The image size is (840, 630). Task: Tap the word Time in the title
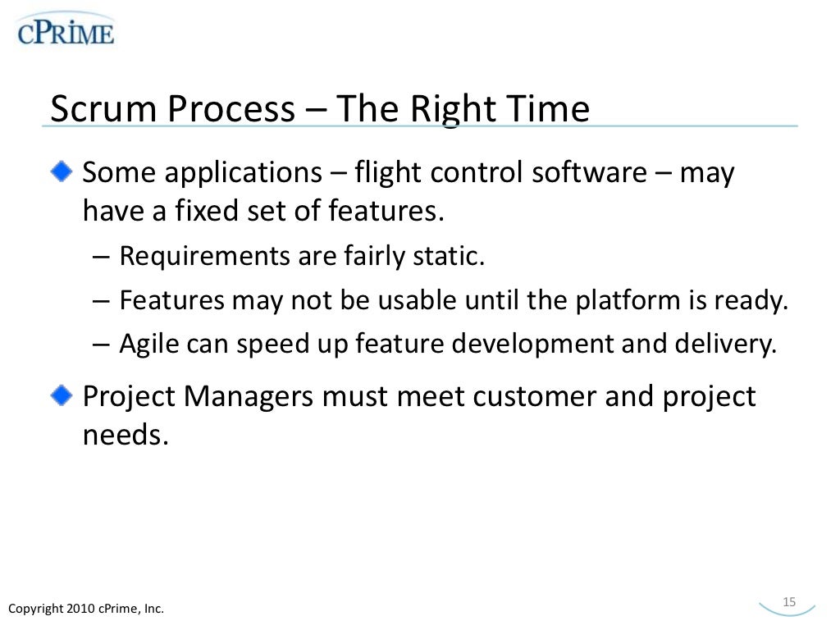[x=551, y=109]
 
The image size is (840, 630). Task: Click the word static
[x=454, y=257]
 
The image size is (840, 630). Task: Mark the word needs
[x=125, y=435]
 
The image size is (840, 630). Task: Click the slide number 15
[x=790, y=602]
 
